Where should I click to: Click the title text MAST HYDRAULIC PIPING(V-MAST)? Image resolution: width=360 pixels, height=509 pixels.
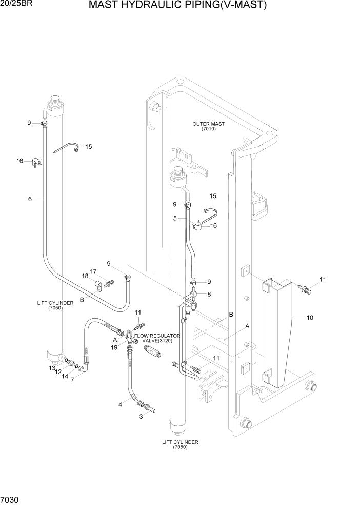click(x=177, y=6)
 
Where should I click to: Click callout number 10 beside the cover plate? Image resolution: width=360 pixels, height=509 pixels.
click(x=310, y=318)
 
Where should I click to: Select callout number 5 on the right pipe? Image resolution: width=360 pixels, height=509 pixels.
click(x=175, y=218)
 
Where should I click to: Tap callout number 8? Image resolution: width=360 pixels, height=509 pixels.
click(x=209, y=293)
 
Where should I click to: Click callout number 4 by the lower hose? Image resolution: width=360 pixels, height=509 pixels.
click(x=120, y=404)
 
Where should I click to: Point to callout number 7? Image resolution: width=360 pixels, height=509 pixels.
click(x=72, y=380)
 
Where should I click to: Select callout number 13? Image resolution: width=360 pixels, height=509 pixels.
click(x=52, y=368)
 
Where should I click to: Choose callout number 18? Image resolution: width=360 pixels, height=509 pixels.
click(x=85, y=276)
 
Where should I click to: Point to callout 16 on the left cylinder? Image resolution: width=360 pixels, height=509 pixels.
click(x=19, y=161)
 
